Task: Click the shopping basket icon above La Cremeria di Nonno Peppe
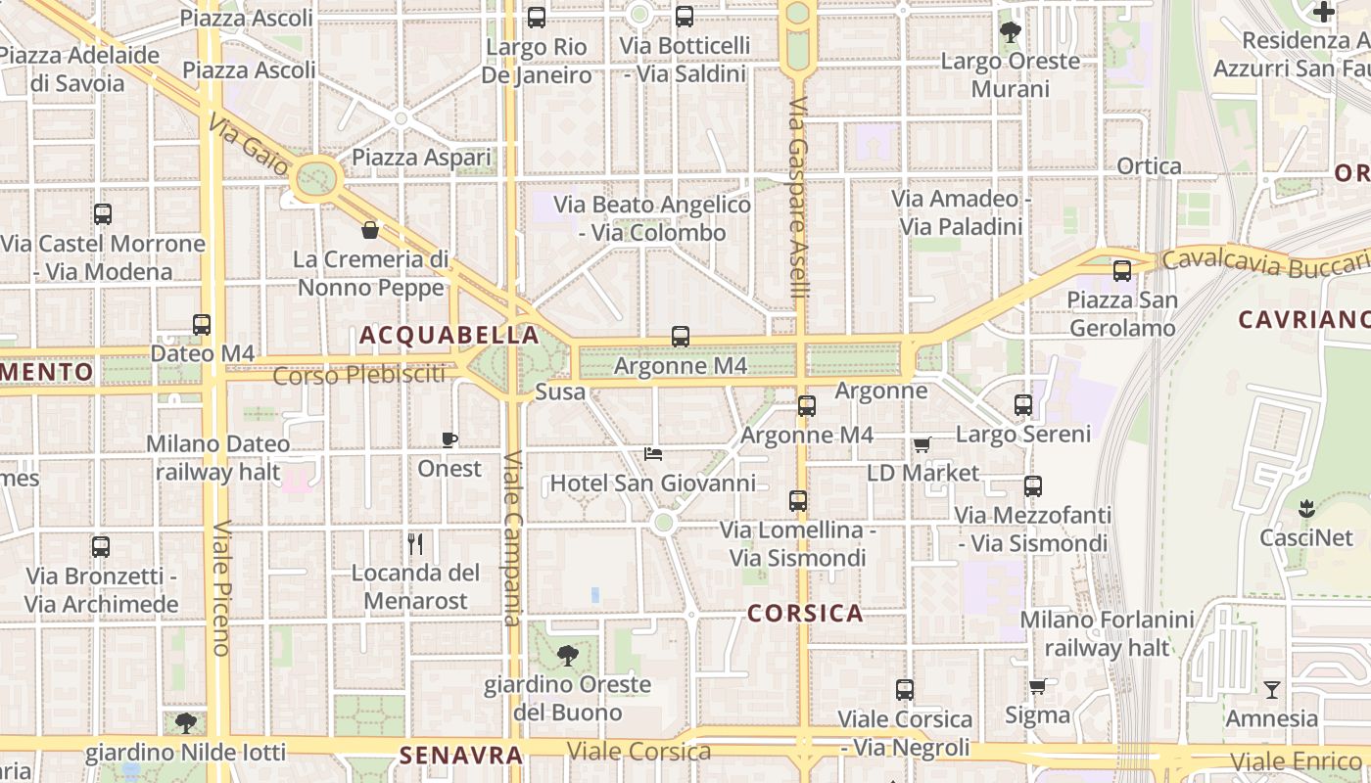point(370,230)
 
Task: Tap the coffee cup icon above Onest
point(449,439)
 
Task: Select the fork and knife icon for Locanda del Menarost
point(415,543)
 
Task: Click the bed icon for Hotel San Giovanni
point(653,453)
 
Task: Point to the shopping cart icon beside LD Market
point(922,445)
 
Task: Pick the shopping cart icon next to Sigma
point(1037,686)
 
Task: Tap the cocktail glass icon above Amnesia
point(1271,690)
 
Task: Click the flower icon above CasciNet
point(1305,509)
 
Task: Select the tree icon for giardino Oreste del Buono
point(567,656)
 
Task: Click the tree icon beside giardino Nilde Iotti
point(185,723)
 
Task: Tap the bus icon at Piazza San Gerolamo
point(1122,271)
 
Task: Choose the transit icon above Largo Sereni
point(1023,404)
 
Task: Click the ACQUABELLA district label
point(449,336)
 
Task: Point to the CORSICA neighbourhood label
point(805,614)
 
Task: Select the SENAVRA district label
point(460,756)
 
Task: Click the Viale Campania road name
point(512,538)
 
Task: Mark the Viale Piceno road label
point(220,587)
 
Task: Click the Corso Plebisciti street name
point(358,375)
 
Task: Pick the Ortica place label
point(1150,166)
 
